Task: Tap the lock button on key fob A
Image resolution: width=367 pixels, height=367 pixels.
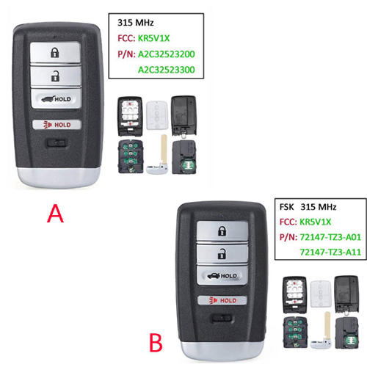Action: coord(56,53)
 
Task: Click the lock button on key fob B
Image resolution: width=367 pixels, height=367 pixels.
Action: coord(219,231)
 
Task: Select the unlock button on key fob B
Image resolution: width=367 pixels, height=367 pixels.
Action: coord(219,255)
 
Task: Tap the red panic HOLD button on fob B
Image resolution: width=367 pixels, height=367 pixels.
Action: coord(221,300)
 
